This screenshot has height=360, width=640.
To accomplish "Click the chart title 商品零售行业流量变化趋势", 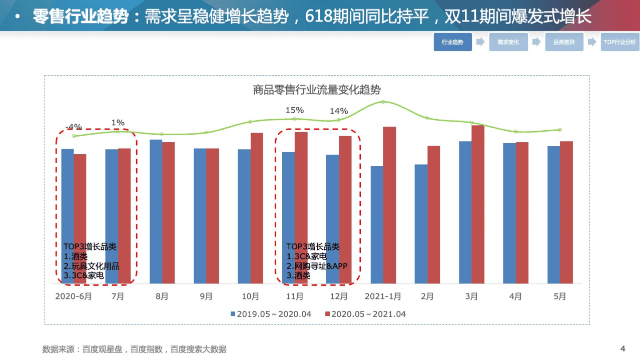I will pyautogui.click(x=316, y=90).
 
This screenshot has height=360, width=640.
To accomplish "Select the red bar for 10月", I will pyautogui.click(x=257, y=208).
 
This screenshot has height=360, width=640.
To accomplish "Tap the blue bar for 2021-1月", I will pyautogui.click(x=377, y=225).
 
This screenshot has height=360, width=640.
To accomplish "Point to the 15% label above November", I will pyautogui.click(x=295, y=110).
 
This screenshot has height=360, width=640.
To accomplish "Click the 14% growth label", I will pyautogui.click(x=338, y=111).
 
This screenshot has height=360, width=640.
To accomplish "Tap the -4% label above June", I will pyautogui.click(x=74, y=127).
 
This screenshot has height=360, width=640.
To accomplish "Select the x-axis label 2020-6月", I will pyautogui.click(x=74, y=296).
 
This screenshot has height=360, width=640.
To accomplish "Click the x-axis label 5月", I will pyautogui.click(x=559, y=296).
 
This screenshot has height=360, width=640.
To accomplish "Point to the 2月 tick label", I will pyautogui.click(x=427, y=296).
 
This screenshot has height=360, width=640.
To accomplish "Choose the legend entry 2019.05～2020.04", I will pyautogui.click(x=271, y=314).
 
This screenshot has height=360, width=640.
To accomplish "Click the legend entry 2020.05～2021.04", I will pyautogui.click(x=365, y=314).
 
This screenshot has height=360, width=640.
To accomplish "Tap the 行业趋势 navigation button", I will pyautogui.click(x=452, y=43).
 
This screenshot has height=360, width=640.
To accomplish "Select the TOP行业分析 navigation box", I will pyautogui.click(x=619, y=43).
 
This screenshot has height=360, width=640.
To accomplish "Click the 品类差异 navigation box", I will pyautogui.click(x=564, y=43).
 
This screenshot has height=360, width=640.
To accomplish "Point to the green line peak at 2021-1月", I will pyautogui.click(x=383, y=102).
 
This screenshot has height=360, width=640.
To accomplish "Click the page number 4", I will pyautogui.click(x=622, y=348).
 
